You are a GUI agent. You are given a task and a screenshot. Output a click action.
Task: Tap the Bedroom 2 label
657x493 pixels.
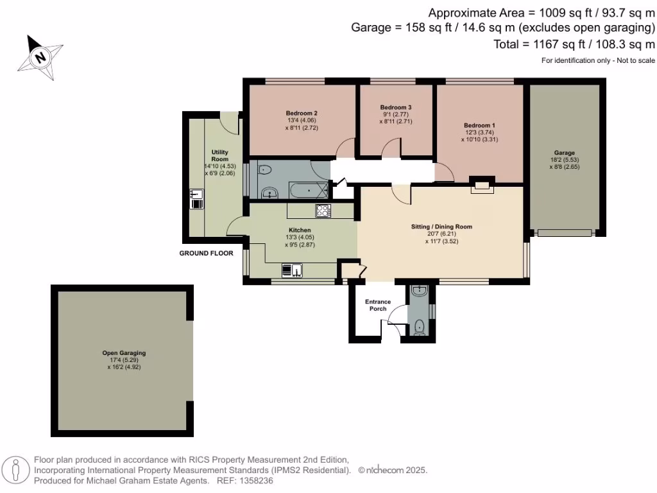[x=302, y=113]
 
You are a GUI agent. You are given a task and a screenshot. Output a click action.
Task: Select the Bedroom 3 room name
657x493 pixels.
[x=395, y=107]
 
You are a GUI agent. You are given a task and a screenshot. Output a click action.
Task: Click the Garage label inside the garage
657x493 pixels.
[x=565, y=153]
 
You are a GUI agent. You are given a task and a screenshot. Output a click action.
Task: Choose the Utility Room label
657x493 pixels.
[x=220, y=155]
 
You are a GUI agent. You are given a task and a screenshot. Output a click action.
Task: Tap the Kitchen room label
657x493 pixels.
[x=300, y=230]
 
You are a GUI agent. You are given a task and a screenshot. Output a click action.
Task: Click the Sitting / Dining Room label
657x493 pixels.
[x=441, y=227]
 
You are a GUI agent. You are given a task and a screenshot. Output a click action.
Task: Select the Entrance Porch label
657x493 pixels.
[x=378, y=305]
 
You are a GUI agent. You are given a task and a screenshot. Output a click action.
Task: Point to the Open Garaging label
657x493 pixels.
[x=124, y=352]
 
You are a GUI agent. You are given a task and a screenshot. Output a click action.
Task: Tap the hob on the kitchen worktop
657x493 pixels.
[x=323, y=211]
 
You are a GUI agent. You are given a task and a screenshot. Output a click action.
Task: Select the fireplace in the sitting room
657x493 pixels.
[x=481, y=186]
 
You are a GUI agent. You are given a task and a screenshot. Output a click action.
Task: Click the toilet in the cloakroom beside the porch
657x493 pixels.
[x=420, y=325]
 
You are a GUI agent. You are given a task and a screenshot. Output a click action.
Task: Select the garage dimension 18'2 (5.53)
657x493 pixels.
[x=565, y=160]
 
